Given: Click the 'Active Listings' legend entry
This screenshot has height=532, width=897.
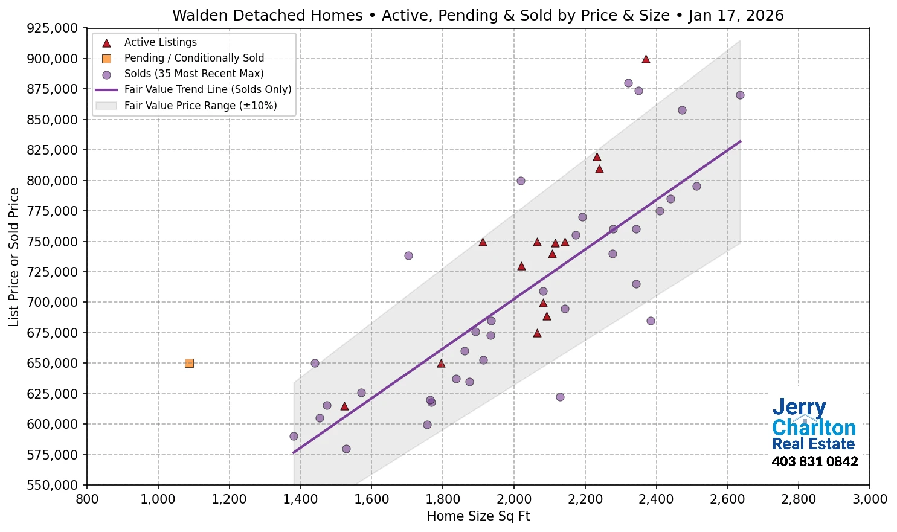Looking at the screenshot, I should coord(160,42).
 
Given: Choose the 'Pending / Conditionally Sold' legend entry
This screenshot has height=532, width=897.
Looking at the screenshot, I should coord(194,58).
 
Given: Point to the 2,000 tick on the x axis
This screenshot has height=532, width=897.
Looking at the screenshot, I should coord(514,499).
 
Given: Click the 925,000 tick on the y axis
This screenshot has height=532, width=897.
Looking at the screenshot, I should coord(53,28).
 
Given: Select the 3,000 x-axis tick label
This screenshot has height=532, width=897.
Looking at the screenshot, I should coord(870,499).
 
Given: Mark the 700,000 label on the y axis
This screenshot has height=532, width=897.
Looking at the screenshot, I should coord(53,303).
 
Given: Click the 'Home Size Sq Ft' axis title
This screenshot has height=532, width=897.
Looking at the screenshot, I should coord(478,516).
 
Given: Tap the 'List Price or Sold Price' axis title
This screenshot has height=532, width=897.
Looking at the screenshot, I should coord(14,257).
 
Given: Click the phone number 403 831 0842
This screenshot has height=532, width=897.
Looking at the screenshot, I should coord(814,462).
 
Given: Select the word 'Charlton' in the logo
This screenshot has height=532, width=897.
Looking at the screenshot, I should coord(814,428).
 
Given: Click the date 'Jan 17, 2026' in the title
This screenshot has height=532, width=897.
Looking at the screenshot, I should coord(736,16).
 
